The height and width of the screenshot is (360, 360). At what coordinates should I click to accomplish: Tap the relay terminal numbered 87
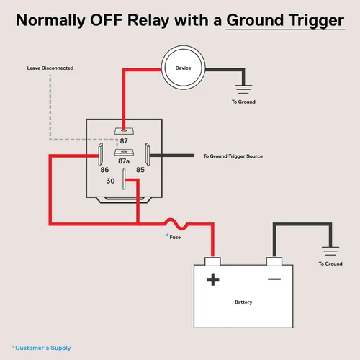click(x=124, y=131)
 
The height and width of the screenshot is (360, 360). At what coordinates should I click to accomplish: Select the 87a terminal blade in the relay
click(x=124, y=152)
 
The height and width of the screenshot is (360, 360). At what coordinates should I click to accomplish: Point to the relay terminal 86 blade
click(x=101, y=154)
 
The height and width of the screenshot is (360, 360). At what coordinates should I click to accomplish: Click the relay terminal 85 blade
click(x=148, y=154)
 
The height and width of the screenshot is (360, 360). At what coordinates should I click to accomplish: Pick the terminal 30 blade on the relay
click(x=124, y=179)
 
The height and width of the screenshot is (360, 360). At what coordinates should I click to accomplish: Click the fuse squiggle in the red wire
click(x=176, y=224)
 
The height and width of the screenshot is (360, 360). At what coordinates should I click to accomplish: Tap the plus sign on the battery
click(x=213, y=279)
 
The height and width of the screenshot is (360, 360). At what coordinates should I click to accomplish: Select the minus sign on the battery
click(x=274, y=279)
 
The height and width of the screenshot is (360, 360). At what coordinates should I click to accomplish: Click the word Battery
click(x=243, y=302)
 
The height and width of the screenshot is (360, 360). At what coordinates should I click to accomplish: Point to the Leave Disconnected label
click(x=50, y=68)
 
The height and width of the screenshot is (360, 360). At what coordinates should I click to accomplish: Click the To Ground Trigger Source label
click(x=233, y=156)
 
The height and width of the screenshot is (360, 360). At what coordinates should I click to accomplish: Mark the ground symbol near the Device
click(x=243, y=89)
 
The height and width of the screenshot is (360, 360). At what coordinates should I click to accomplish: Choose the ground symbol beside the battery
click(x=330, y=251)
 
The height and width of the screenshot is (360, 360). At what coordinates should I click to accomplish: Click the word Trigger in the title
click(x=317, y=21)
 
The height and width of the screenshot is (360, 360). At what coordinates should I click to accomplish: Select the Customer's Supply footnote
click(x=42, y=348)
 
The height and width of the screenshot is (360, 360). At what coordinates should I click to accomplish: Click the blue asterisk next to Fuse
click(x=167, y=235)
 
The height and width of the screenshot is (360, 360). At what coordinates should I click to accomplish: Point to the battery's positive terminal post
click(x=212, y=261)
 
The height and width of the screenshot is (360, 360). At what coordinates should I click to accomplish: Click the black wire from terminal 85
click(x=172, y=156)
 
